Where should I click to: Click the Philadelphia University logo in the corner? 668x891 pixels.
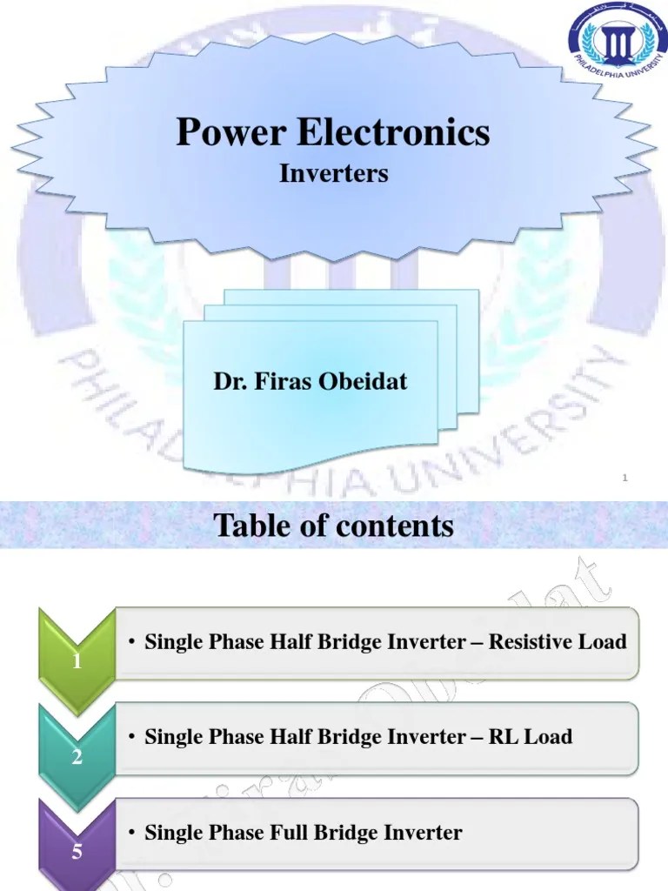(618, 43)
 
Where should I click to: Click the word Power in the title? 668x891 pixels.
(231, 133)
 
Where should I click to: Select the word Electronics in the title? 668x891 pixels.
(393, 133)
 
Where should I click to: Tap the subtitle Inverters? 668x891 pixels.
(333, 174)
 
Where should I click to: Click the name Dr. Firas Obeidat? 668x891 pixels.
(311, 381)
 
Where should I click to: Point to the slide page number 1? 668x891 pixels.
(625, 476)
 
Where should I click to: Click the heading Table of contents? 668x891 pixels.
(333, 526)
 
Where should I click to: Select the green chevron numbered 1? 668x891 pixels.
(77, 661)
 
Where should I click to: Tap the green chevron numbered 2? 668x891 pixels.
(77, 756)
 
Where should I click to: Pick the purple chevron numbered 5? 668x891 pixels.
(77, 852)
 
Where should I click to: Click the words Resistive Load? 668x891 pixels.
(558, 642)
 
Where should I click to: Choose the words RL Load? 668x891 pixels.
(531, 737)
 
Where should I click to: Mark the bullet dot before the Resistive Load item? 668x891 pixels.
(130, 643)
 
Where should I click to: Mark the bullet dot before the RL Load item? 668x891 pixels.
(130, 738)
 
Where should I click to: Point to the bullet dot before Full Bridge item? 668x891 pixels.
(130, 834)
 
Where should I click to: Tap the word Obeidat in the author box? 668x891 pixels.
(369, 381)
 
